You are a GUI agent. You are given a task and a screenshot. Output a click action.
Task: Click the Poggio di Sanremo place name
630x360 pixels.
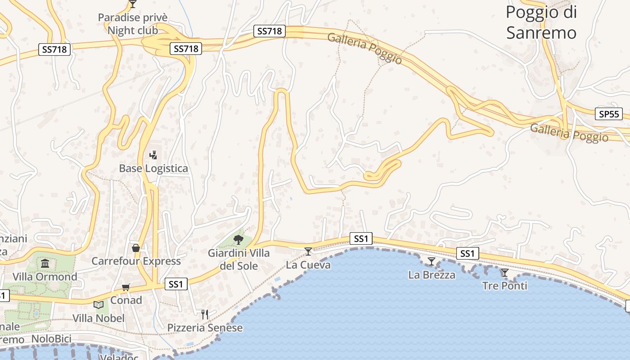coord(541,22)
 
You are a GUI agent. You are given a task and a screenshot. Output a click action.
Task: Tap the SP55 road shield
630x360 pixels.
coord(609,114)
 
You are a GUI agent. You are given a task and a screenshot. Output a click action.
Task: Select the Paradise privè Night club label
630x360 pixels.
coord(133,24)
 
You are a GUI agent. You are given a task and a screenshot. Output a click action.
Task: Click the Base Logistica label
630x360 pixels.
coord(153,168)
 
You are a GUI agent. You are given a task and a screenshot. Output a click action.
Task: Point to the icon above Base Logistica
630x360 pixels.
coord(153,155)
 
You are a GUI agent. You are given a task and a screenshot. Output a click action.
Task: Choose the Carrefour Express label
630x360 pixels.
coord(136,261)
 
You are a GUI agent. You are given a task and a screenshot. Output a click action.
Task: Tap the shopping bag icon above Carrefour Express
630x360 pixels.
coord(135,248)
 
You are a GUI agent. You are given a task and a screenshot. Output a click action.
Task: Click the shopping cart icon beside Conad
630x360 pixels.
coord(126,287)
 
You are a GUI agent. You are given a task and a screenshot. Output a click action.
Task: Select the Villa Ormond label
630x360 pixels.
coord(45,276)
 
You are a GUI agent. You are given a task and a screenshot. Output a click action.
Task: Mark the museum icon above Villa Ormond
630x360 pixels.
coord(45,263)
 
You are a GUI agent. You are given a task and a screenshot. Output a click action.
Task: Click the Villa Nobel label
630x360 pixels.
coord(99,318)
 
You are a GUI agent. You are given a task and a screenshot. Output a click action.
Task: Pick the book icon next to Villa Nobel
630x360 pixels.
coord(99,305)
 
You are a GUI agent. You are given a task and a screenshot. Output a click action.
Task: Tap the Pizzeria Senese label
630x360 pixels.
coord(205,328)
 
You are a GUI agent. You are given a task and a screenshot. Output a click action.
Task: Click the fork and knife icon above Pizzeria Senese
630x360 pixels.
coord(205,314)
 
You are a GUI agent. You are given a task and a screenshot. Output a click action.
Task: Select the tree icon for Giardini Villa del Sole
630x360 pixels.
coord(238,239)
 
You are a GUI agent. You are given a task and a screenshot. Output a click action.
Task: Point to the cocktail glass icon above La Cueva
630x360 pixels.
coord(308,251)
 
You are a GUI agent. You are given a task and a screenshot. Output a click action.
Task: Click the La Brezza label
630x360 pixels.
coord(432,274)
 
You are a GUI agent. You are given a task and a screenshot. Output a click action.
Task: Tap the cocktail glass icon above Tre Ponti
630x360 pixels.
coord(505,272)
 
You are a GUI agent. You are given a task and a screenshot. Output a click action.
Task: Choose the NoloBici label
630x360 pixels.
coord(52,339)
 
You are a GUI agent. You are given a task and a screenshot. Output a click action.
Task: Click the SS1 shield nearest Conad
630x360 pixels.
coord(176,284)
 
